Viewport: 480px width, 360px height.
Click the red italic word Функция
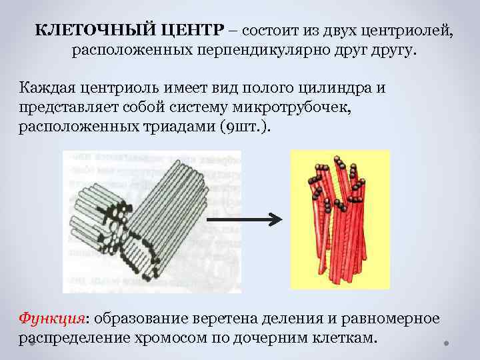(x=47, y=318)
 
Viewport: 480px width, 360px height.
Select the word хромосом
(x=175, y=337)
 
